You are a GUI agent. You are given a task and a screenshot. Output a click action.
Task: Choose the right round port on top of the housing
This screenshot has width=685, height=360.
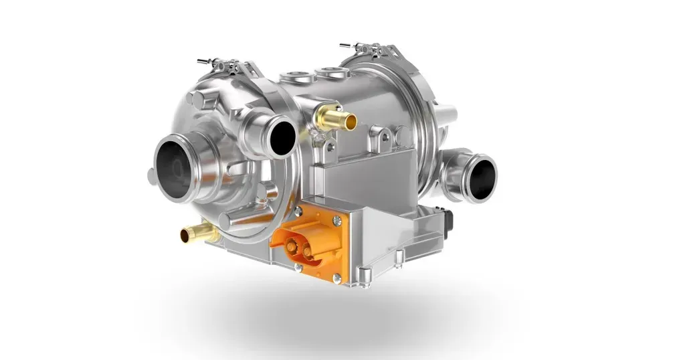tap(327, 71)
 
